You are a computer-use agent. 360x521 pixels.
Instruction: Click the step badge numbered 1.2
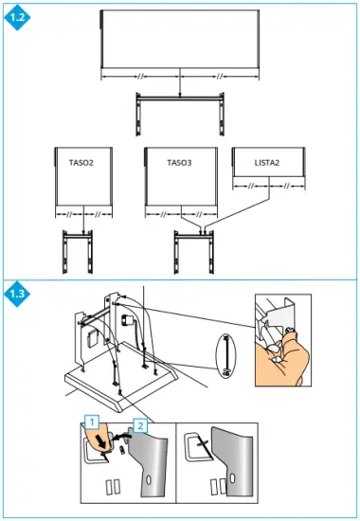click(16, 16)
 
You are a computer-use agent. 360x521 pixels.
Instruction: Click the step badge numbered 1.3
click(16, 293)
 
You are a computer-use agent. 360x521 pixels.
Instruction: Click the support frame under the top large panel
click(179, 112)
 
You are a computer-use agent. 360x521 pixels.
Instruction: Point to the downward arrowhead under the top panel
click(179, 96)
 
